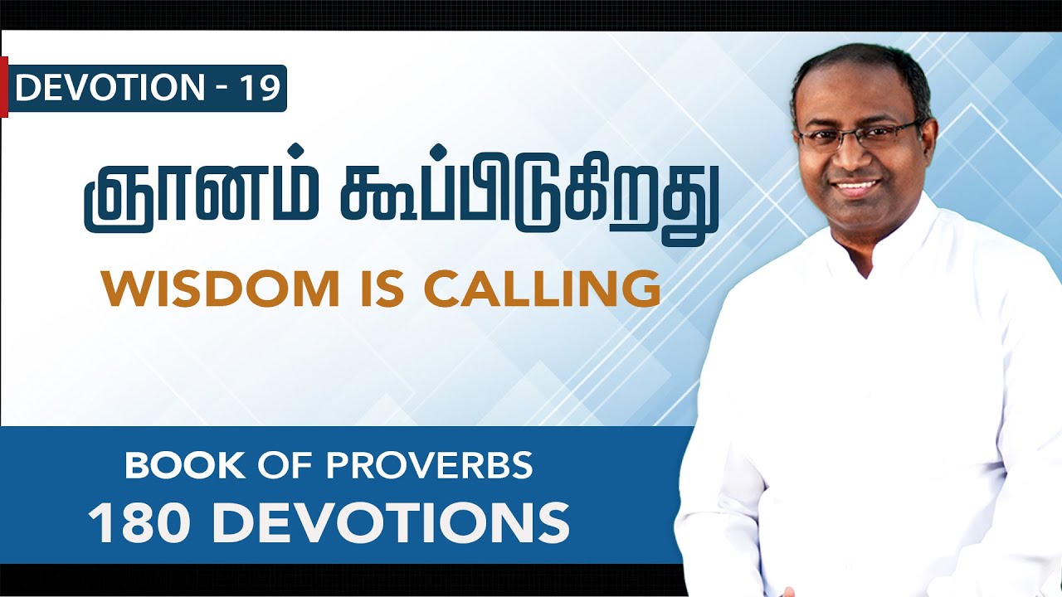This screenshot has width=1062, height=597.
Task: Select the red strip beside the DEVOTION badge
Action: click(x=4, y=87)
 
